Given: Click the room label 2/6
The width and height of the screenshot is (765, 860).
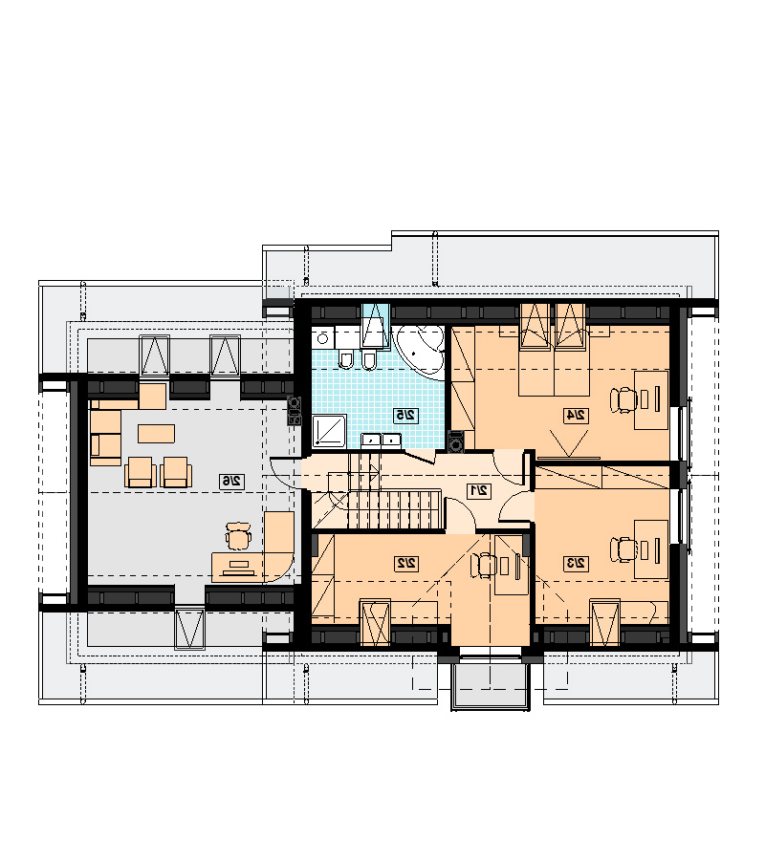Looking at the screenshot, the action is tap(231, 481).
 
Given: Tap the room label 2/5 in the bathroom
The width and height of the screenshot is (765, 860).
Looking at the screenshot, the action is tap(406, 416).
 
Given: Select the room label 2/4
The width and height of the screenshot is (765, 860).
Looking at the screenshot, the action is tap(577, 416).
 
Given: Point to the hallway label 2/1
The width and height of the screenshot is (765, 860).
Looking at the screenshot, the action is tap(479, 490).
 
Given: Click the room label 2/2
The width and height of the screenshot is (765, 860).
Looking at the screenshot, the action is tap(406, 563).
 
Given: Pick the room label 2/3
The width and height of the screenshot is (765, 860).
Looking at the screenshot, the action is tap(577, 563).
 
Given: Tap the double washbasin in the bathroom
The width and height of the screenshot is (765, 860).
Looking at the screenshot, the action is tap(381, 441).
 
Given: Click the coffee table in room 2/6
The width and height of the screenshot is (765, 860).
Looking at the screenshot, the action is tap(157, 433).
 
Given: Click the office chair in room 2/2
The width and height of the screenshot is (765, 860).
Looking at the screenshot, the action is tap(484, 566).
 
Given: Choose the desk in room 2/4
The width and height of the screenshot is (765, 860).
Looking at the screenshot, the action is tap(651, 399).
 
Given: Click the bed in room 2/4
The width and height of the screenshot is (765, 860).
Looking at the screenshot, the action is tap(554, 362).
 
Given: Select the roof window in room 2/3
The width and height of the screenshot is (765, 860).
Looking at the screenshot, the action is tap(605, 622).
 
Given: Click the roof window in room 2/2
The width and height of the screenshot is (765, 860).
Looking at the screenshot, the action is tap(376, 622).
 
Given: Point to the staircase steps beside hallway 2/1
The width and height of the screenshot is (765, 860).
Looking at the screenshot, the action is tap(395, 509).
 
